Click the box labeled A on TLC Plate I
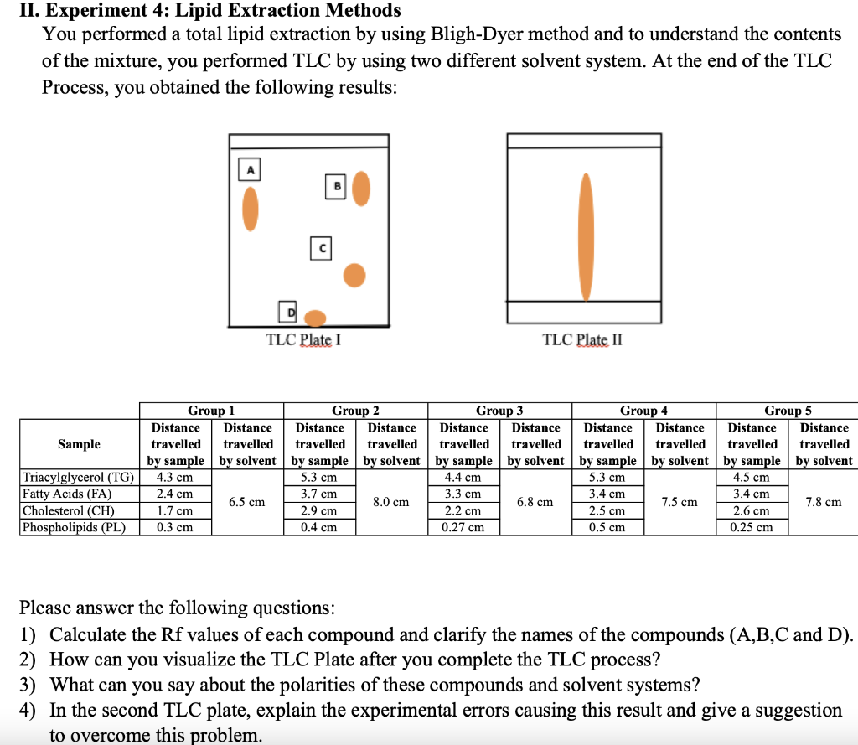[x=248, y=168]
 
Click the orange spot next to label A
[x=250, y=207]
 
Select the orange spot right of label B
[x=360, y=189]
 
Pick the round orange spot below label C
[x=355, y=275]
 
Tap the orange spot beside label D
[x=315, y=318]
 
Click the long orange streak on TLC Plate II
[x=586, y=237]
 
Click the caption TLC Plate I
[x=303, y=339]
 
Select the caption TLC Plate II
[x=582, y=339]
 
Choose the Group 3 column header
[x=499, y=411]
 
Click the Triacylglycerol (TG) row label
[x=78, y=478]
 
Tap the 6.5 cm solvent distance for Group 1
[x=247, y=502]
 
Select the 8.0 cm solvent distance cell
[x=391, y=502]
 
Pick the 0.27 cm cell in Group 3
[x=463, y=527]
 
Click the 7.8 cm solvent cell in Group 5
[x=823, y=502]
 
